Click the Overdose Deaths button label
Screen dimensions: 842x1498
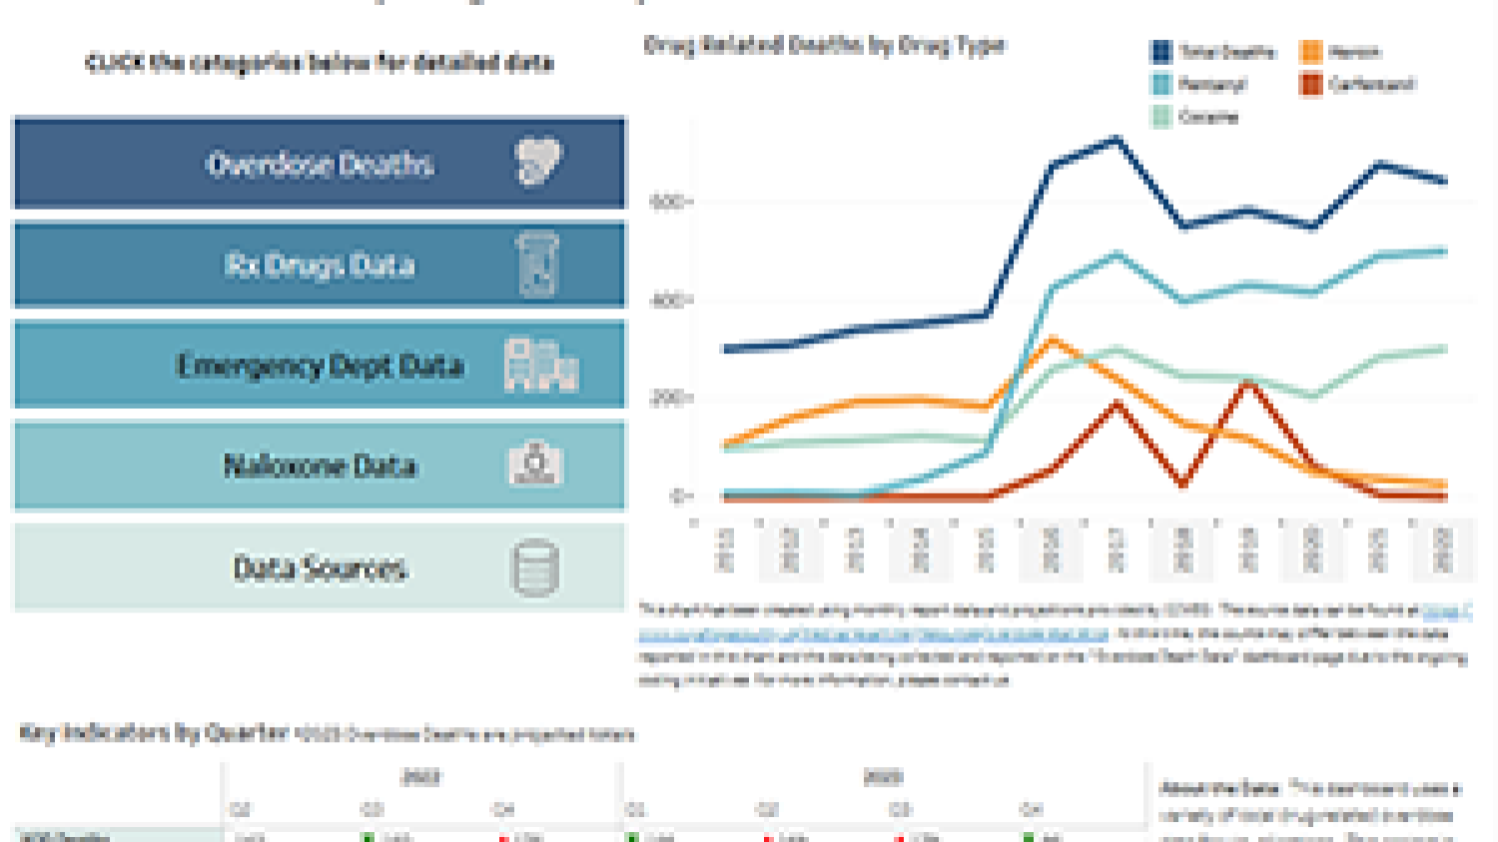(x=320, y=164)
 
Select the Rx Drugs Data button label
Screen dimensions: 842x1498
(x=320, y=266)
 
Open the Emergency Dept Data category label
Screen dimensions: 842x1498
(x=320, y=366)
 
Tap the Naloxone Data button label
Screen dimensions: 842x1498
(x=320, y=465)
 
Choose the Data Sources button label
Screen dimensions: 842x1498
(x=320, y=568)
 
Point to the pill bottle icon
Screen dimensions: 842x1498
(x=538, y=265)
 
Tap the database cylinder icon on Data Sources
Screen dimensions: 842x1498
(x=535, y=568)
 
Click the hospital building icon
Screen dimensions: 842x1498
(x=540, y=365)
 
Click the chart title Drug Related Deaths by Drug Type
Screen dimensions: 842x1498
(x=824, y=45)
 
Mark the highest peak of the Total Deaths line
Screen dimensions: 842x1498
(x=1117, y=140)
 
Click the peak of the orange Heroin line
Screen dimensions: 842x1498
(x=1052, y=341)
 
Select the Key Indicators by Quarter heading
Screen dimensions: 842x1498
(x=154, y=733)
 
